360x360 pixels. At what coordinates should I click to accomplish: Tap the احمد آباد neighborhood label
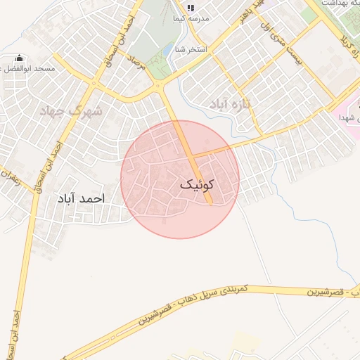pyautogui.click(x=83, y=199)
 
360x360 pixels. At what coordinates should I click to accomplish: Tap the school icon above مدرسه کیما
pyautogui.click(x=190, y=8)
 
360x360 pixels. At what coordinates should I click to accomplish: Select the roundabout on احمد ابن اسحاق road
pyautogui.click(x=91, y=84)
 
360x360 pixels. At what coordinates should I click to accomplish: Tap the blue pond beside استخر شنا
pyautogui.click(x=167, y=51)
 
